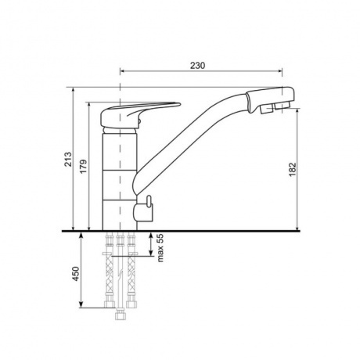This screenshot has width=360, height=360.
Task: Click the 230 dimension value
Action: point(197,66)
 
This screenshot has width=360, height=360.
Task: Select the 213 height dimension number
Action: point(68,159)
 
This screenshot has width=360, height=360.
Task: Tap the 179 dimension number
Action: point(84,167)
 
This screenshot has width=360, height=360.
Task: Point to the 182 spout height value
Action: point(293,169)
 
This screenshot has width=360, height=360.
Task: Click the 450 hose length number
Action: point(75,274)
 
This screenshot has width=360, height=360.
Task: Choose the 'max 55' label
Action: point(160,248)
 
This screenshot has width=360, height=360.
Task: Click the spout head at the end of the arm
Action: point(271,99)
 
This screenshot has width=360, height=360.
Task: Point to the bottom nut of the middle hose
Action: point(121,315)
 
